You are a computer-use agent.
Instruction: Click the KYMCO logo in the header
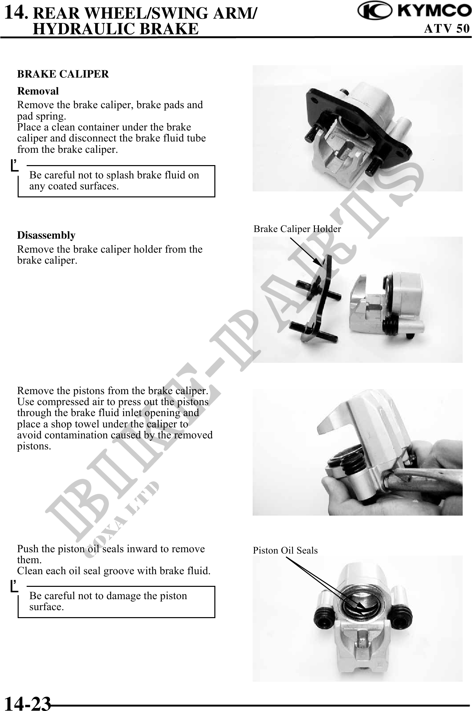point(414,12)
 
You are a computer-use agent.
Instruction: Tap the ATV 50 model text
point(447,29)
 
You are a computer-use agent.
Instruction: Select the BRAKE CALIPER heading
point(63,74)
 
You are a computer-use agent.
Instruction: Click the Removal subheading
point(38,91)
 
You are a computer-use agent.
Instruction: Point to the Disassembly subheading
point(46,235)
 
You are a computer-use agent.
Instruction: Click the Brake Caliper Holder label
point(297,229)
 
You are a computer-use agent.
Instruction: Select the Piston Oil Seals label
point(285,551)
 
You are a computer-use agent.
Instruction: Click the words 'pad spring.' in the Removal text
point(42,117)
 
